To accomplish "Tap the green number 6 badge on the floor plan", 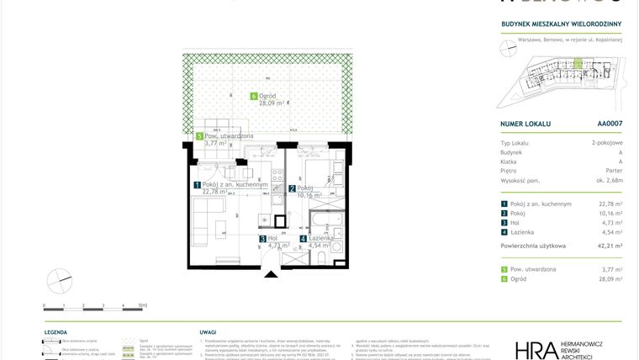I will point(254,96).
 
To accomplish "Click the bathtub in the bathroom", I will point(325,224).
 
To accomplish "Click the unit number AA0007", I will point(610,124).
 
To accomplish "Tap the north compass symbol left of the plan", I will point(59,279).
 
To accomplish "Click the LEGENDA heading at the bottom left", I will point(56,332).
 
